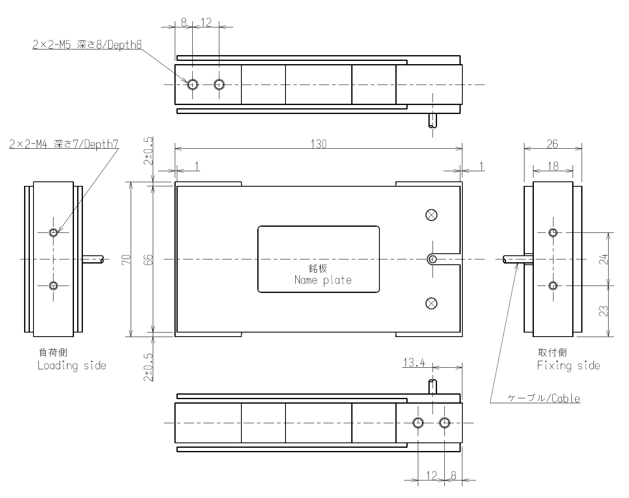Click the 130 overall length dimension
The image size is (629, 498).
319,144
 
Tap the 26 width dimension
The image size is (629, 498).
552,144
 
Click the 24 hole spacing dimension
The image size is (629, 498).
604,259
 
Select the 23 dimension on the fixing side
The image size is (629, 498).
604,311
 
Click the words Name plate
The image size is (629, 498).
323,280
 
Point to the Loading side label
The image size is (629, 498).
71,365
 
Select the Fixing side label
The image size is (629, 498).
568,365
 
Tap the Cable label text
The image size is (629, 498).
544,398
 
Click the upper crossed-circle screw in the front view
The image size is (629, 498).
431,215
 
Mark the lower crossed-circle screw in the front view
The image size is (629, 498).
431,303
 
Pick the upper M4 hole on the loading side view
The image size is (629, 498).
53,232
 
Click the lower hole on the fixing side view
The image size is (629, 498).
553,286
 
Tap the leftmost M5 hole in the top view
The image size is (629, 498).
193,85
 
